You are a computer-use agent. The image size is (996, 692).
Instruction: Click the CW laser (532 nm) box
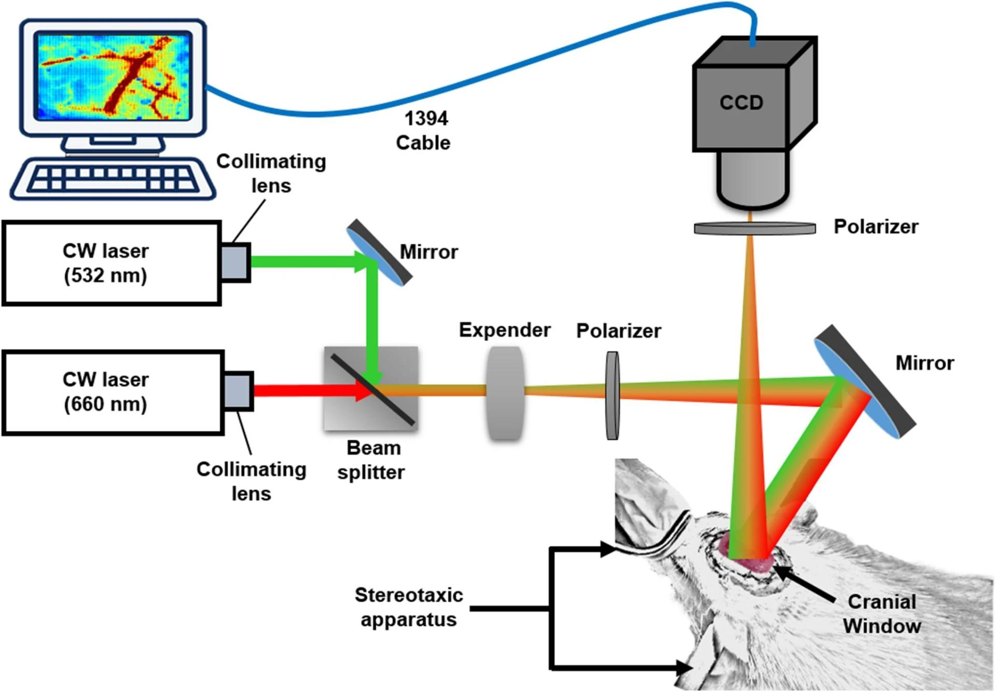pos(112,263)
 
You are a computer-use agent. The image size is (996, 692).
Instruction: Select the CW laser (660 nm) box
pos(113,392)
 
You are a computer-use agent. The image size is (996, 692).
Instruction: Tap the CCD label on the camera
pos(741,103)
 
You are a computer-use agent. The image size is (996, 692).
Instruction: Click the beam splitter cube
pos(371,388)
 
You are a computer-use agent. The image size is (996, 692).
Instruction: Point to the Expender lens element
pos(505,393)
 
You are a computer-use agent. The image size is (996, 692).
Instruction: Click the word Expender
pos(504,330)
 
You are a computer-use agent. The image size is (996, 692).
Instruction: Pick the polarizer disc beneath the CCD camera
pos(754,228)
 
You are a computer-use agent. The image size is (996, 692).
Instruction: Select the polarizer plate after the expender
pos(613,396)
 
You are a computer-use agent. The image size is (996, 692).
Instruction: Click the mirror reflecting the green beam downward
pos(380,252)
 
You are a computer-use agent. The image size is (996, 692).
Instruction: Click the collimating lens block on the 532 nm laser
pos(236,262)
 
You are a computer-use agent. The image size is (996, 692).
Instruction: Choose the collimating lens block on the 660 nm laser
pos(239,391)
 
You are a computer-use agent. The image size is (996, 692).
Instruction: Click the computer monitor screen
pos(113,76)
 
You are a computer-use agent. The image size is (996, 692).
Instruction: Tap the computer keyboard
pos(113,179)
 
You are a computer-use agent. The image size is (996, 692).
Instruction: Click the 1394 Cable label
pos(424,131)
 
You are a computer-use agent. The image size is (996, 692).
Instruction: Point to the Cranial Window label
pos(881,614)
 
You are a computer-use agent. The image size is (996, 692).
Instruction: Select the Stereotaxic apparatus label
pos(409,607)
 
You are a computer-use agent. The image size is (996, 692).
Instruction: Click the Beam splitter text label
pos(372,460)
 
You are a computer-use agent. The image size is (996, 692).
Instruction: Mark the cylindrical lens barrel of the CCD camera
pos(753,179)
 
